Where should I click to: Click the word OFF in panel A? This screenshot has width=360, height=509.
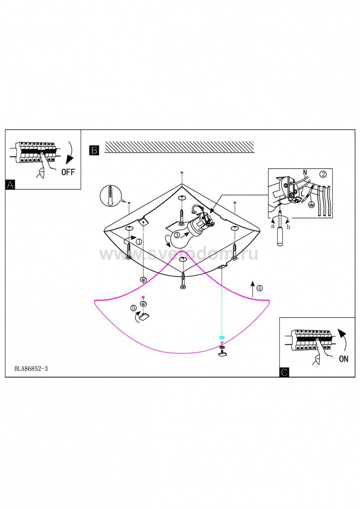[68, 172]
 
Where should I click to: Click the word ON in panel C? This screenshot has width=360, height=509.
[343, 359]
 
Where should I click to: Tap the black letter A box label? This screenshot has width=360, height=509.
[10, 185]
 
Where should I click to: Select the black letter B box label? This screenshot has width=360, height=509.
[94, 150]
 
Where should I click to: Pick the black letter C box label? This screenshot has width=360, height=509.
[284, 372]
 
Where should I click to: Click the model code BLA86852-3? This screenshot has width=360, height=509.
[31, 369]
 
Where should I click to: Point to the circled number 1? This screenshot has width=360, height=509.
[139, 242]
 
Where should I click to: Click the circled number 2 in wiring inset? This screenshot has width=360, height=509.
[323, 174]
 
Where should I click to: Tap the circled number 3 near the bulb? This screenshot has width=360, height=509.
[177, 234]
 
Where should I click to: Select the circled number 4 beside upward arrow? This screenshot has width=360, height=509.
[259, 288]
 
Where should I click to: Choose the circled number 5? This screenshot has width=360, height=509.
[133, 308]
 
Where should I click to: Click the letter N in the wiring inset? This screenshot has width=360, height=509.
[305, 172]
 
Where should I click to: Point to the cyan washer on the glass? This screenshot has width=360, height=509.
[222, 338]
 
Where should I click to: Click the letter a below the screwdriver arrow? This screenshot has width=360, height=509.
[272, 226]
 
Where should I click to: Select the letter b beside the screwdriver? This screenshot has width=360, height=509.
[288, 227]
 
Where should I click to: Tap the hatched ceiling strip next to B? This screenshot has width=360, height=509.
[180, 147]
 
